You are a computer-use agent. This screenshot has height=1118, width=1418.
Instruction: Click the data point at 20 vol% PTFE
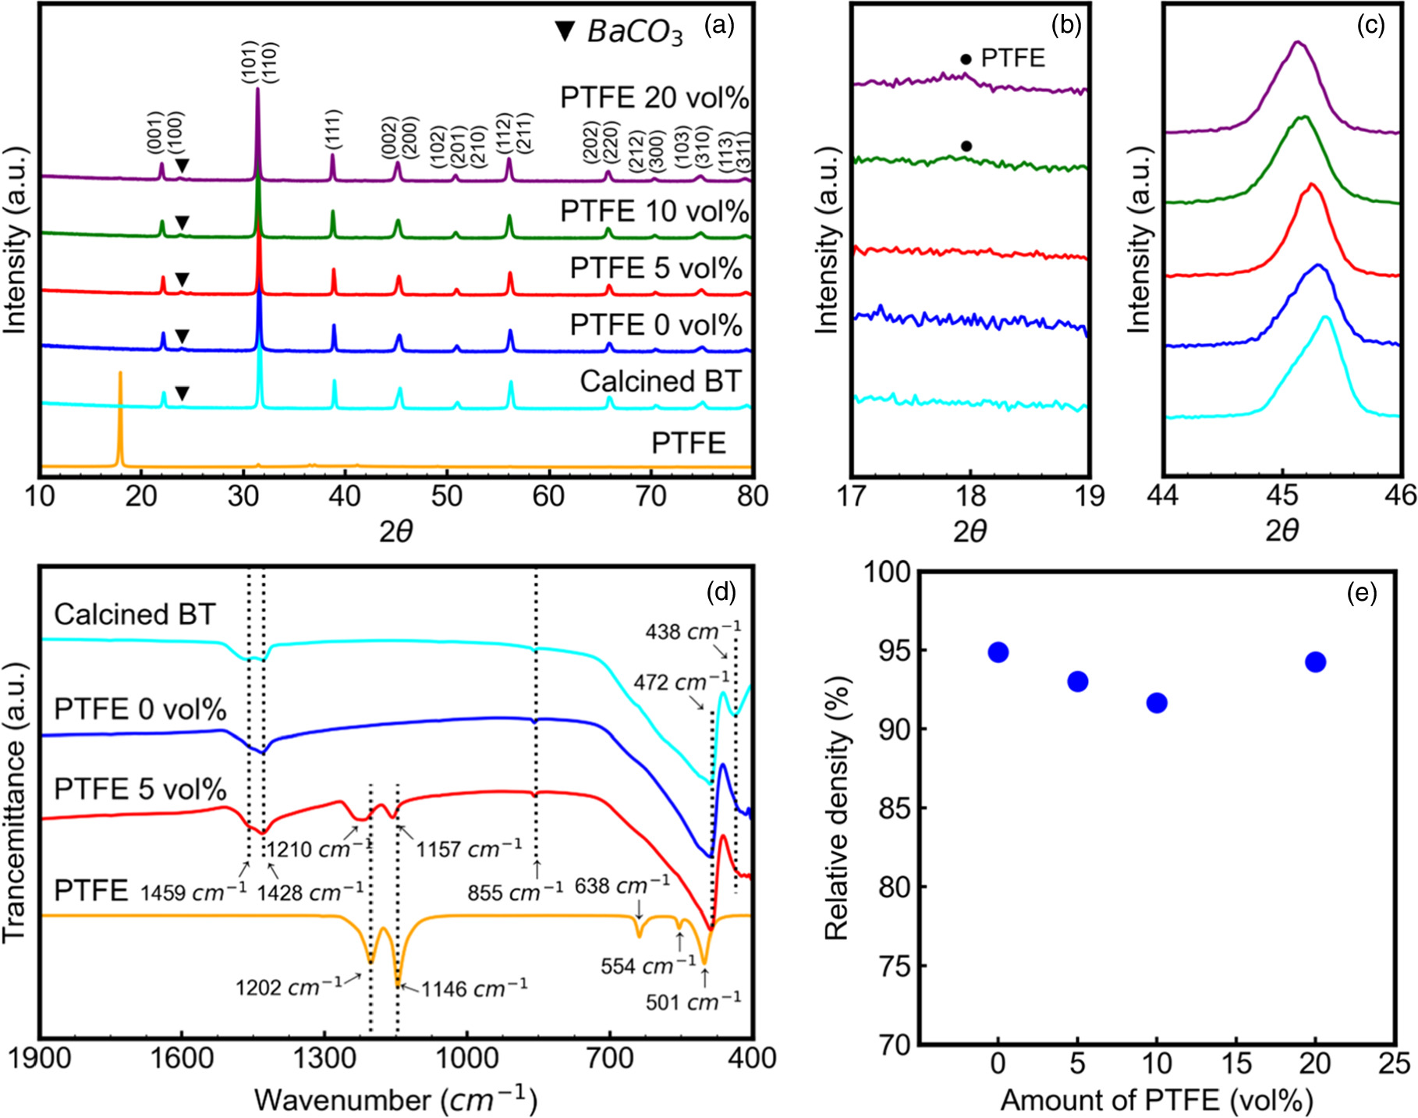click(x=1315, y=662)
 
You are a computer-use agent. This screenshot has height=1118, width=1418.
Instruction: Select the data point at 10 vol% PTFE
click(x=1157, y=703)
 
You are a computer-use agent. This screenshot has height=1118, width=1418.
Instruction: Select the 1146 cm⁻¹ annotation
click(x=474, y=988)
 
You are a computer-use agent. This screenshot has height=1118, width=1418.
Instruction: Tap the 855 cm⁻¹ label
click(x=515, y=891)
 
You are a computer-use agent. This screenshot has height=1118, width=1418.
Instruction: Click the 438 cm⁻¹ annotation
click(x=693, y=631)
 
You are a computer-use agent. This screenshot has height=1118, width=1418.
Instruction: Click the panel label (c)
click(x=1370, y=25)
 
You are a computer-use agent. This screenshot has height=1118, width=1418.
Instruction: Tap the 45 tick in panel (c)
click(x=1282, y=496)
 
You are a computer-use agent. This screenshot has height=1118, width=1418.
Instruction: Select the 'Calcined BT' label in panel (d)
click(x=135, y=615)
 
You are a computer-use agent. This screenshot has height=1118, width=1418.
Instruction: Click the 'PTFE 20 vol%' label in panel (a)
click(x=654, y=98)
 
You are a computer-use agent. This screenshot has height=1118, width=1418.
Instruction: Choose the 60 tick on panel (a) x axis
click(x=548, y=496)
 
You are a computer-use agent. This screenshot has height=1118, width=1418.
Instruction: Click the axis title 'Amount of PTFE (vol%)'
click(x=1157, y=1100)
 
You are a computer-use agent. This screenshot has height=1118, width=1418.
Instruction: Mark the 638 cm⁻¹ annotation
click(x=622, y=886)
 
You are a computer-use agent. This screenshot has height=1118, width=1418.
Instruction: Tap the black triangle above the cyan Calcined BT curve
click(x=182, y=394)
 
